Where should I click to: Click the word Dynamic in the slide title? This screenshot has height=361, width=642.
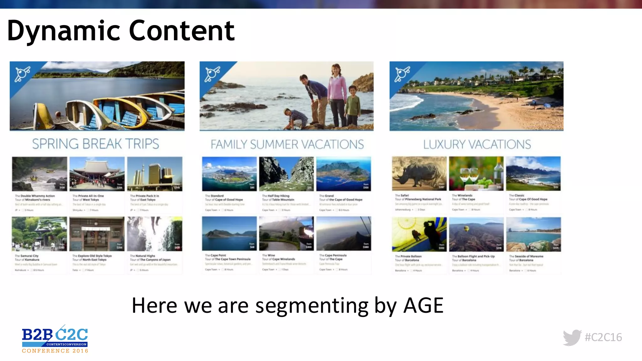[x=63, y=31]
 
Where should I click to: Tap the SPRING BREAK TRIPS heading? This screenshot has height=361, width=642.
[x=96, y=144]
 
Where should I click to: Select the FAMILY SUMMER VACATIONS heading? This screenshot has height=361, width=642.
[x=287, y=144]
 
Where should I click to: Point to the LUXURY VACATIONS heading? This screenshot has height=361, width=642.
[x=477, y=144]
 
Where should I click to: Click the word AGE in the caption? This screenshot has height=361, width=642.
[x=423, y=305]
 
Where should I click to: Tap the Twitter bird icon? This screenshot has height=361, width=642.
[x=572, y=337]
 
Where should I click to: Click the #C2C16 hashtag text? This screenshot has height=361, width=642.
[x=603, y=337]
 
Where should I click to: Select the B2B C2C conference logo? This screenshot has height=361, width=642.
[x=55, y=340]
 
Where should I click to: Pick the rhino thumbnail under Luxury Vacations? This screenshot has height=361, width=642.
[x=419, y=174]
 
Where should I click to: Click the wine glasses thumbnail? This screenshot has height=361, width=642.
[x=476, y=174]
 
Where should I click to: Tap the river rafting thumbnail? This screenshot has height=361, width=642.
[x=39, y=174]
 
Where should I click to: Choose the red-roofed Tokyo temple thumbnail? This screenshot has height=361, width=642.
[x=97, y=174]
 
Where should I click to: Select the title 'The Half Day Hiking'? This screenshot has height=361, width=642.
[x=276, y=196]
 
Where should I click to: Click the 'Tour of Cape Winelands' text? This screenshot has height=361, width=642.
[x=278, y=259]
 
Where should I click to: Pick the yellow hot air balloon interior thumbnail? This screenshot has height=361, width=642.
[x=419, y=234]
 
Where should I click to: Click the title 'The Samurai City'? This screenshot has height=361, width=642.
[x=27, y=256]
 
